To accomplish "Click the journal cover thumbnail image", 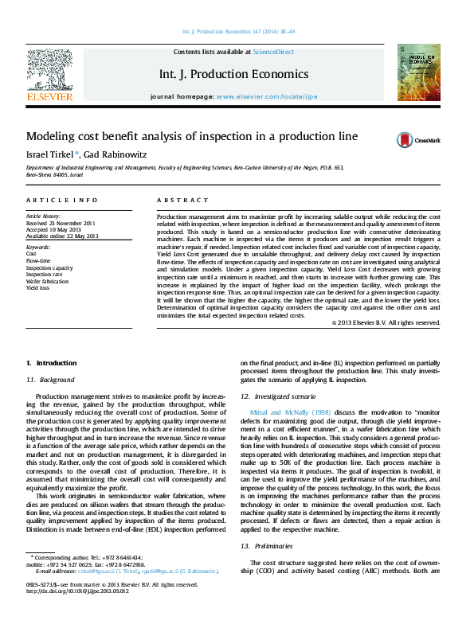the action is (x=419, y=73).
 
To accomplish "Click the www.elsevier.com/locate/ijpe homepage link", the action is (x=266, y=96).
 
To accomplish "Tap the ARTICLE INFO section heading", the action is (x=62, y=200).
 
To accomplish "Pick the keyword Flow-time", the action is (x=39, y=260).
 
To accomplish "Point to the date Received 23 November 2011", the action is (x=61, y=223).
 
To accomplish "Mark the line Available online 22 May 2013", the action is (x=62, y=236).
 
